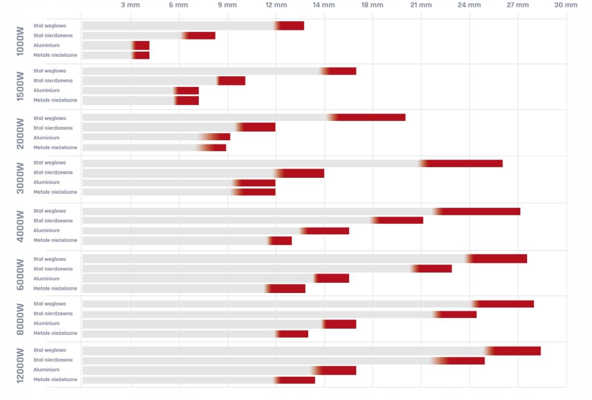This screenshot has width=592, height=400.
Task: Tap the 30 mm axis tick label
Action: [566, 5]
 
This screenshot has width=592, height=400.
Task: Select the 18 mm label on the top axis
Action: [372, 5]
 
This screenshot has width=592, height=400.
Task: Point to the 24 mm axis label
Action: [469, 5]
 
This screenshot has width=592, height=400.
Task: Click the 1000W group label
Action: [20, 41]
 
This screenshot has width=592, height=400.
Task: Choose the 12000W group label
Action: [20, 365]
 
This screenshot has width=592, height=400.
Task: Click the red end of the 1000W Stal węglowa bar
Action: [292, 26]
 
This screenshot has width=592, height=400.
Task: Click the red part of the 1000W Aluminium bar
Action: [142, 46]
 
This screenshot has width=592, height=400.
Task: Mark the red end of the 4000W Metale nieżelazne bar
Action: [282, 240]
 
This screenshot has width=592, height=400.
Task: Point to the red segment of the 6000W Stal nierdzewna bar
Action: [435, 268]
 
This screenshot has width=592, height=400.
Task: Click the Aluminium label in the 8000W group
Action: [47, 323]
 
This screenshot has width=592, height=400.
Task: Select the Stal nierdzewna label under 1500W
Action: [53, 80]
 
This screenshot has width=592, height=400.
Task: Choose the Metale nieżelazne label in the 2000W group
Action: [55, 147]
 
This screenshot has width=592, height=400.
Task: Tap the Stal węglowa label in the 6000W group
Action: [50, 259]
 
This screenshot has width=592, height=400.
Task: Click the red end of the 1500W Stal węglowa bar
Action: [342, 71]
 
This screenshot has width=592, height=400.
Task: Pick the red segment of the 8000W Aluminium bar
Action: [341, 324]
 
